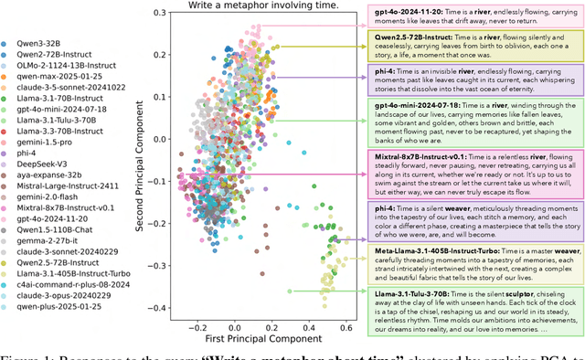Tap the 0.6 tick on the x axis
click(x=347, y=327)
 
